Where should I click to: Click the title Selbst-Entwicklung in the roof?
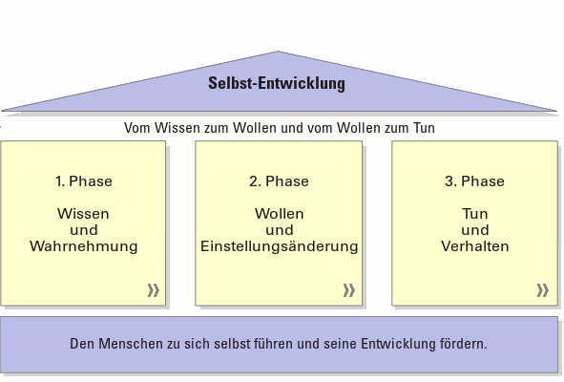tap(277, 83)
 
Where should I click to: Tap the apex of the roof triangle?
tap(278, 52)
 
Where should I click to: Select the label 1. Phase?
tap(84, 181)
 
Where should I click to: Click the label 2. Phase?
tap(279, 181)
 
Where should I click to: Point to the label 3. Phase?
tap(474, 181)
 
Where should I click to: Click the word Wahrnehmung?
tap(84, 247)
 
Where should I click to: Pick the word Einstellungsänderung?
tap(279, 247)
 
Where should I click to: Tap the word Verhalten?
tap(475, 246)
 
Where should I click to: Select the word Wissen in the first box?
tap(83, 214)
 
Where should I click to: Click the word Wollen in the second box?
tap(279, 214)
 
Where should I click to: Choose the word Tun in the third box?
tap(475, 214)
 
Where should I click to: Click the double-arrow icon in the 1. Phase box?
tap(154, 290)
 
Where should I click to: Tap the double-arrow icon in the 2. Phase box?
tap(349, 290)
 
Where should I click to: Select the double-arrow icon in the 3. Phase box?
tap(543, 290)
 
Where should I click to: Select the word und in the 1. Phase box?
tap(84, 230)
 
